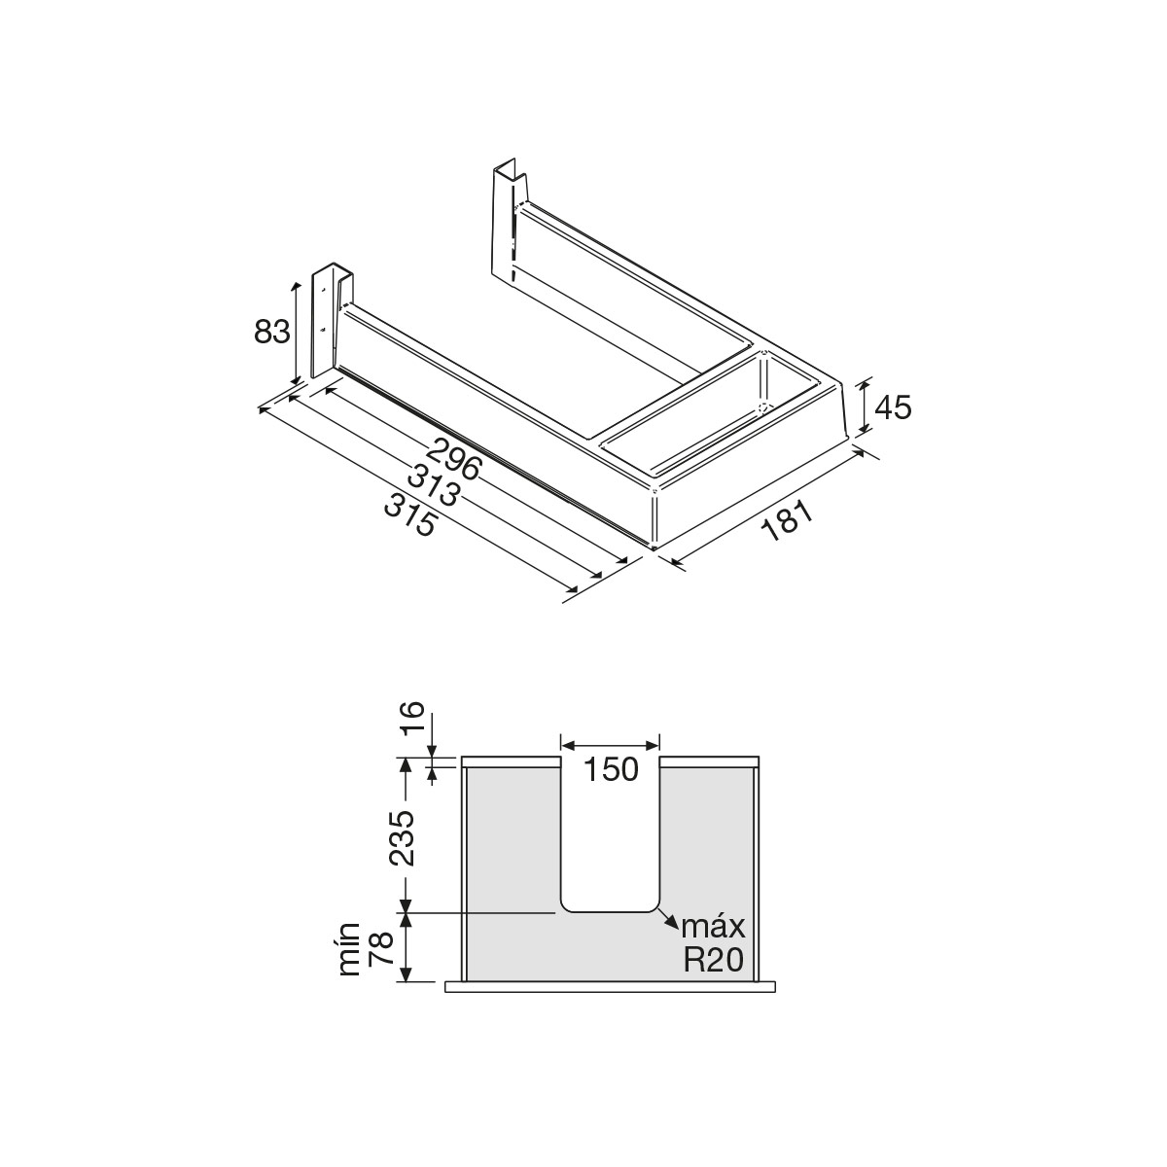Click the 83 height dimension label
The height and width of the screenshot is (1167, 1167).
coord(272,332)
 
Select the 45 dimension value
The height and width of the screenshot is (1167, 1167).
coord(893,407)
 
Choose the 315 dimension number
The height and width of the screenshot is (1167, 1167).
coord(410,514)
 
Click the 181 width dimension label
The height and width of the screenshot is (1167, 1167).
coord(786,521)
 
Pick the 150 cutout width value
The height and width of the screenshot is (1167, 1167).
coord(611,769)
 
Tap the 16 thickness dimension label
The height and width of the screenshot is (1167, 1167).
coord(413,717)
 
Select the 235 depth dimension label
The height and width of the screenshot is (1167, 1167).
coord(402,837)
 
